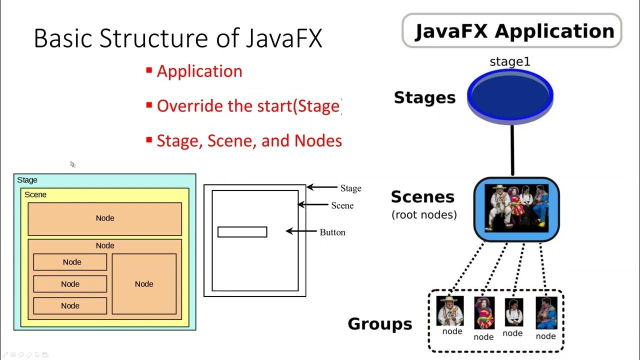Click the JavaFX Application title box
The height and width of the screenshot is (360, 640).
(x=511, y=31)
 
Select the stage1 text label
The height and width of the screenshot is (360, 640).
(x=509, y=62)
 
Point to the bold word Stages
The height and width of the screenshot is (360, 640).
(x=424, y=97)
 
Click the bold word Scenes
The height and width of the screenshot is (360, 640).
(x=422, y=196)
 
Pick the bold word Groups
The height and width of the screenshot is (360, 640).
(x=380, y=324)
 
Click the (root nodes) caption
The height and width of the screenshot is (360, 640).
(x=424, y=215)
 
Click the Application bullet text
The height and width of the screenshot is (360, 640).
(x=199, y=71)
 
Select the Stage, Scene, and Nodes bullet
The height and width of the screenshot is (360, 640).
(x=249, y=140)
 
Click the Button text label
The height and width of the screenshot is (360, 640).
(x=332, y=232)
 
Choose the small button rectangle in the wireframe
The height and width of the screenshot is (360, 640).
(x=242, y=232)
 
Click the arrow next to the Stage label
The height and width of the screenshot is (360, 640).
(x=322, y=187)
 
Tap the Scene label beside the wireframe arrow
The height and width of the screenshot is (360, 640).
(x=342, y=205)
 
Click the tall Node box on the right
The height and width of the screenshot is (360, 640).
(x=144, y=284)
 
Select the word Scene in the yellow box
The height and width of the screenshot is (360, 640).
(x=35, y=194)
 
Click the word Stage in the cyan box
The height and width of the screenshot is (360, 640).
(x=27, y=180)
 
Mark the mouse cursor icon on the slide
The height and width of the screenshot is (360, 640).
(x=72, y=164)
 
